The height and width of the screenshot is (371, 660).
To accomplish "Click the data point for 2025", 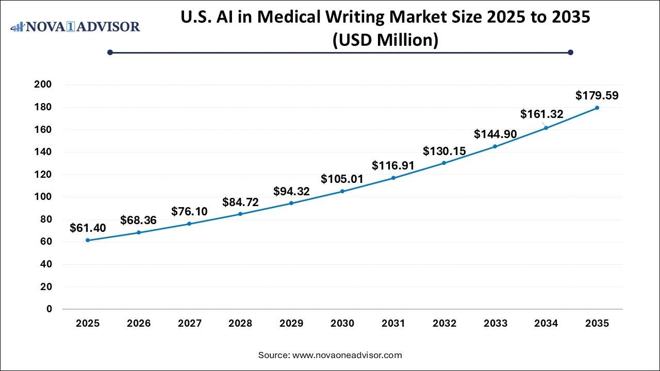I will pos(88,240).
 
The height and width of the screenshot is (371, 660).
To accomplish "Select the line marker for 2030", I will pos(342,191).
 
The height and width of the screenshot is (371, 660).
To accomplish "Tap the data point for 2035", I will pos(597,108).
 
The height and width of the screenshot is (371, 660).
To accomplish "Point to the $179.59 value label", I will pos(597,95).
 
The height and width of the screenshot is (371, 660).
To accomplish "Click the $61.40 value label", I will pos(88,228).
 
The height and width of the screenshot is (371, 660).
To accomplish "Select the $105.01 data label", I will pos(342,179).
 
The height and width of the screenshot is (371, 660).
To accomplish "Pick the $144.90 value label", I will pos(495,134).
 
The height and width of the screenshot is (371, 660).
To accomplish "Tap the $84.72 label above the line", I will pos(240,201).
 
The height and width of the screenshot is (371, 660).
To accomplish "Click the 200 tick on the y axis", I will pos(43,85).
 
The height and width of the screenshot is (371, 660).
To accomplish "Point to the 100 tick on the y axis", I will pos(43,197).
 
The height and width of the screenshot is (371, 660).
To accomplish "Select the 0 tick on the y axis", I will pos(48,309).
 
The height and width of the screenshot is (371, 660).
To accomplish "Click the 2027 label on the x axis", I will pos(189,324).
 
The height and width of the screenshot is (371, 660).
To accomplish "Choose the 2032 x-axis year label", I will pos(444,324).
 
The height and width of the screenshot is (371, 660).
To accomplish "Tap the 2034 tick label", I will pos(546,324).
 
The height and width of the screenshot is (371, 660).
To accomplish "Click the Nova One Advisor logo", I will pos(75,26).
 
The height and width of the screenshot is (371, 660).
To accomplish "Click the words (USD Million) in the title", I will pos(385,40).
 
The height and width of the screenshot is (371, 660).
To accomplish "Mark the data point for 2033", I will pos(495,146).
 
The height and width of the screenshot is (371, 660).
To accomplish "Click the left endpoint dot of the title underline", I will pos(110,52).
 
